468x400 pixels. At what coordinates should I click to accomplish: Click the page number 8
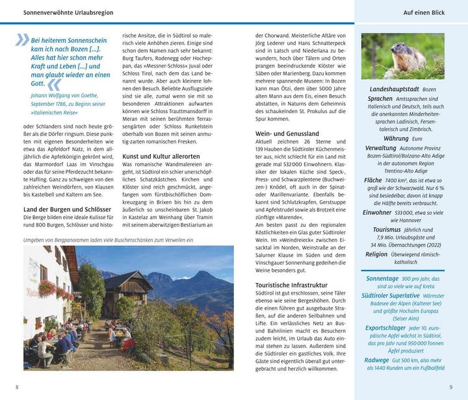pyautogui.click(x=17, y=388)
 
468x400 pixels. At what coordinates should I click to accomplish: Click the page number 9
pyautogui.click(x=450, y=388)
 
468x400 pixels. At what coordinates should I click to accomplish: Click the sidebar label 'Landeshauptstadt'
pyautogui.click(x=393, y=88)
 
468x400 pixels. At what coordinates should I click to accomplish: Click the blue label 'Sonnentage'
pyautogui.click(x=382, y=278)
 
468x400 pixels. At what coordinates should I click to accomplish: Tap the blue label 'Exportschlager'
pyautogui.click(x=386, y=328)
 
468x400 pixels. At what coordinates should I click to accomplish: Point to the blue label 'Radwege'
pyautogui.click(x=377, y=360)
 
